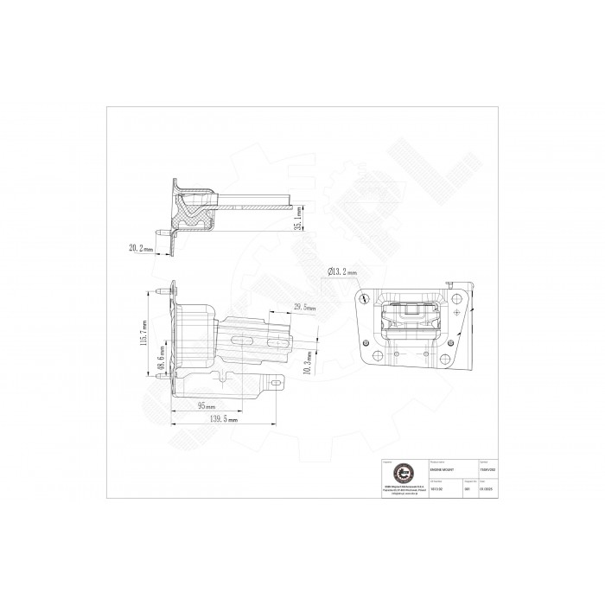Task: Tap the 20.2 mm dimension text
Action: point(140,247)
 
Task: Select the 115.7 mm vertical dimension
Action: point(144,330)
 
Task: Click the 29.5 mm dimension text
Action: point(304,308)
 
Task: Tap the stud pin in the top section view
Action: point(162,232)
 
